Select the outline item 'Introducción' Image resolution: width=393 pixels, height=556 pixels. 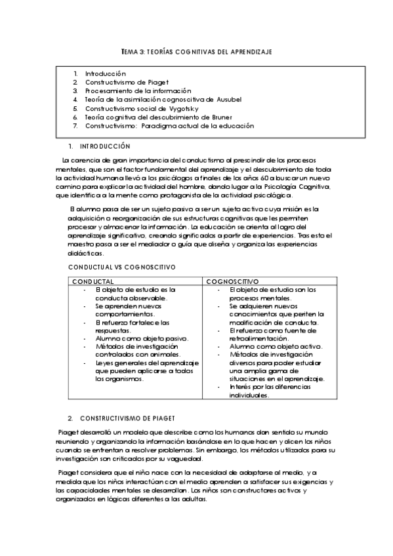pos(105,73)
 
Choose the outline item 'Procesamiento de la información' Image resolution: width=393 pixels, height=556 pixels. pos(138,90)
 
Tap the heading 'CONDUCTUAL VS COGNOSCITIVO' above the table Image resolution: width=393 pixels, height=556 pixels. pos(112,268)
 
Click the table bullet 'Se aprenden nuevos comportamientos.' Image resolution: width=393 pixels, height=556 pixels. pos(129,309)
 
